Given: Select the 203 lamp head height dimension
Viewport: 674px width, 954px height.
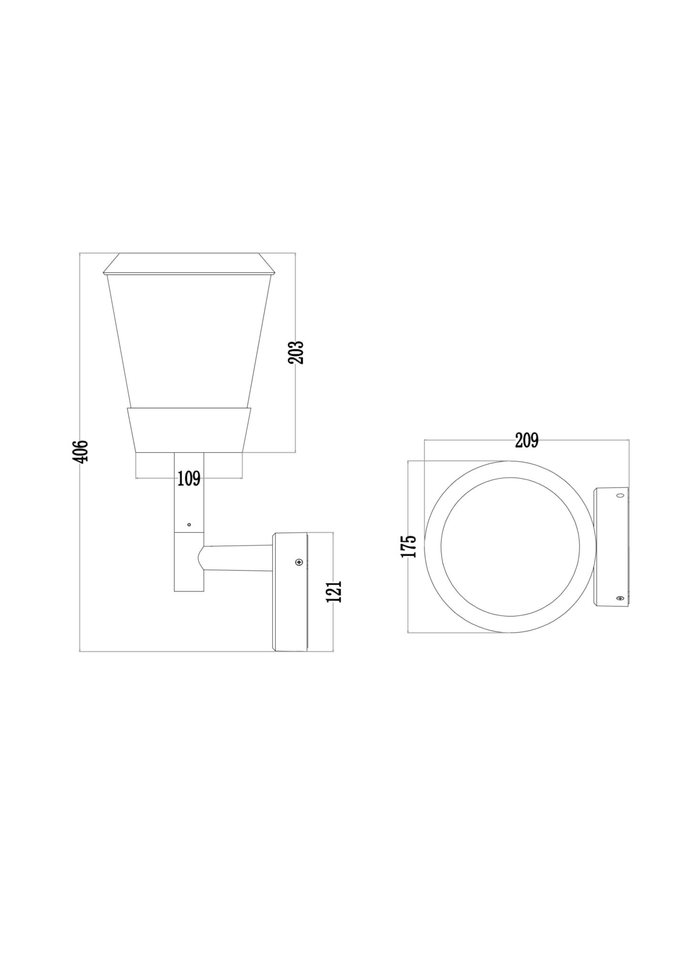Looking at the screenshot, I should [x=296, y=352].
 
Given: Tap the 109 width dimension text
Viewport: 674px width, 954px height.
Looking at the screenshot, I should [x=189, y=478].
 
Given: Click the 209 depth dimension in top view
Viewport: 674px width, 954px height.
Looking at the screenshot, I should [x=526, y=440].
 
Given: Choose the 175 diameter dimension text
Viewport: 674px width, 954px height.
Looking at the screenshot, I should [x=409, y=546].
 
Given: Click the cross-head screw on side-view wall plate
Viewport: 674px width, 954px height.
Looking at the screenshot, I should [x=299, y=563].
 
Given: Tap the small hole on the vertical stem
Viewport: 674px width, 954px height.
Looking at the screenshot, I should [x=189, y=525].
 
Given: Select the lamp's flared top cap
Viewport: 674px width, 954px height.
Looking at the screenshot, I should [x=189, y=264].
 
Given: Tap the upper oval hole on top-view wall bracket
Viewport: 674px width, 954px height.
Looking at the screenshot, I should [x=620, y=496].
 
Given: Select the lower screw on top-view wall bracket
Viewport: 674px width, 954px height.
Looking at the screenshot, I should [x=620, y=598].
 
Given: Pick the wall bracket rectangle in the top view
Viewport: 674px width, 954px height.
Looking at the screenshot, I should [x=611, y=547].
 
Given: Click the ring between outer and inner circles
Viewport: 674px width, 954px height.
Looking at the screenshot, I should [x=433, y=547].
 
